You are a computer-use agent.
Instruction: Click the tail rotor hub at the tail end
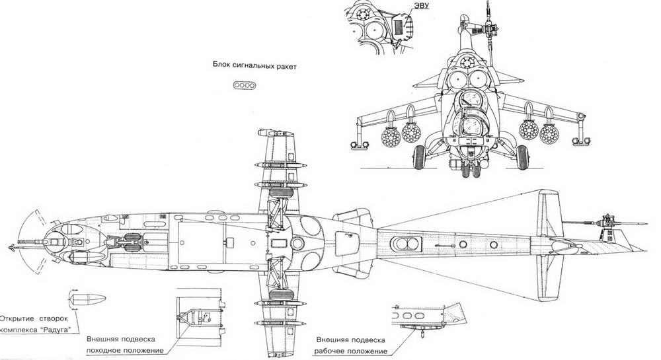pos(605,221)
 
